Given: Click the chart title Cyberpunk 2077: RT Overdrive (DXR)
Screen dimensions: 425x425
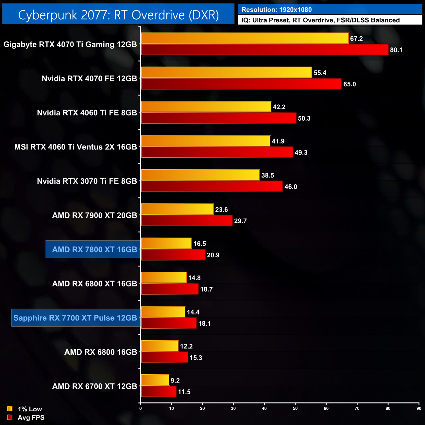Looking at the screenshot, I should tap(118, 15).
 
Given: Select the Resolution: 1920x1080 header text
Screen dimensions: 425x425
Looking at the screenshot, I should tap(277, 10).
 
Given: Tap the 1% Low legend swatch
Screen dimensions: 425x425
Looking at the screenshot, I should tap(10, 409).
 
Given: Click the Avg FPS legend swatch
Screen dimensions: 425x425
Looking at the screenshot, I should tap(10, 417).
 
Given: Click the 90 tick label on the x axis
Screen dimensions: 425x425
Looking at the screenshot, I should tap(419, 408).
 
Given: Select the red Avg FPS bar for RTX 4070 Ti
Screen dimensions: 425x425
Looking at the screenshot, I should tap(264, 50).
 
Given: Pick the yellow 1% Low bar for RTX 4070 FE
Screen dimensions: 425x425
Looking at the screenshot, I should tap(226, 73).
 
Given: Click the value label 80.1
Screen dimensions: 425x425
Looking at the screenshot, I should tap(396, 50).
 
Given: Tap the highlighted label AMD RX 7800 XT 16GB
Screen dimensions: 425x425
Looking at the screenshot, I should tap(94, 249).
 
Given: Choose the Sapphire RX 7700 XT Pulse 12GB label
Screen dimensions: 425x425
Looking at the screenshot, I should tap(75, 318).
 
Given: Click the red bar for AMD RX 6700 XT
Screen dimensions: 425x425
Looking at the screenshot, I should tap(159, 392).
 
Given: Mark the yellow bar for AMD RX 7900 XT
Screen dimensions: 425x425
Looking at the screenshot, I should tap(177, 209).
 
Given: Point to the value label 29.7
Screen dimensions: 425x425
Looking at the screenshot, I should tap(240, 221).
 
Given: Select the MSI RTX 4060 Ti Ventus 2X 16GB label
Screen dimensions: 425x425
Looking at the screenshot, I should tap(76, 147).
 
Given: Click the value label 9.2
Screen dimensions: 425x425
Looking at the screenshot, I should tap(175, 381).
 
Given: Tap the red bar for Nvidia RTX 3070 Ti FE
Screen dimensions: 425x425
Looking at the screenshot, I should tap(212, 186).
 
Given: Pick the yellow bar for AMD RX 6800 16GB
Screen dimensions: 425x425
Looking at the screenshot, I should tap(160, 346).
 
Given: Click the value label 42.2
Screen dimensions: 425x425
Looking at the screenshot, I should tap(279, 107).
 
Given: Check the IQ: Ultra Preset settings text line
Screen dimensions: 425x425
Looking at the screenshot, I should tap(320, 20).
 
